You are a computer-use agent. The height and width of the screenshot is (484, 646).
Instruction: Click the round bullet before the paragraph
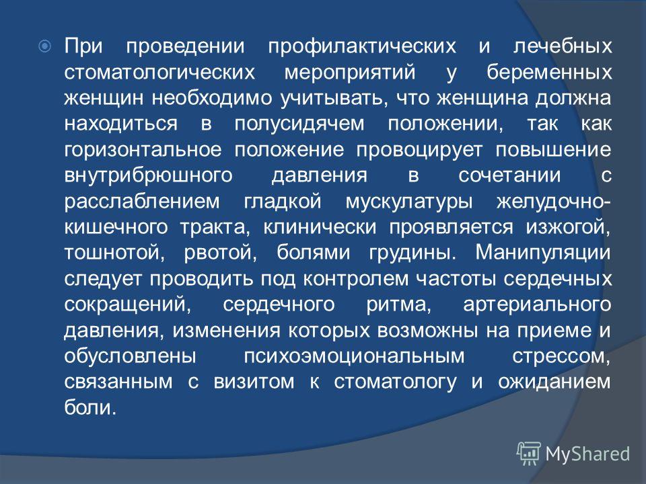tap(45, 46)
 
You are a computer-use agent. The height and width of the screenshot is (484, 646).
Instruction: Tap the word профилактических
tap(362, 47)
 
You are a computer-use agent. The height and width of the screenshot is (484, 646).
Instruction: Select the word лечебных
tap(563, 46)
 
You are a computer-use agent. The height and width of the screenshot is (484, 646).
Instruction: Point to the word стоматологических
tap(160, 73)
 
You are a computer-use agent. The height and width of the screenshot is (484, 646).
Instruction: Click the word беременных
tap(549, 72)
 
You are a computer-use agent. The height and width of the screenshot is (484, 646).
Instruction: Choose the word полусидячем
tap(299, 124)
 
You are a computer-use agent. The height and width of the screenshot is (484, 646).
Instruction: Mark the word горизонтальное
tap(143, 150)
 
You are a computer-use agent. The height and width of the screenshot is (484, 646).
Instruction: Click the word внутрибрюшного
tap(149, 175)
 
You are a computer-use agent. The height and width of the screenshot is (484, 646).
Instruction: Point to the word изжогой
tap(568, 228)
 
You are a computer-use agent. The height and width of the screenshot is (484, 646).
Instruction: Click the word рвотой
tap(221, 253)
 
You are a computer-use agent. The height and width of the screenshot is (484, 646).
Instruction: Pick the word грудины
tap(412, 253)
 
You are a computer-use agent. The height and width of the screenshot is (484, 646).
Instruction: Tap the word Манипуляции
tap(543, 253)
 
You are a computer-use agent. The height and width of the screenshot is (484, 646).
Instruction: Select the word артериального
tap(537, 305)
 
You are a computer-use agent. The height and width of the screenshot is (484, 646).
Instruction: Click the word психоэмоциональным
tap(355, 357)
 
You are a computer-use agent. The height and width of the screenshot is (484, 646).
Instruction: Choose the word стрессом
tap(561, 357)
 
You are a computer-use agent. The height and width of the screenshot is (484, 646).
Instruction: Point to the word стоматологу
tap(395, 382)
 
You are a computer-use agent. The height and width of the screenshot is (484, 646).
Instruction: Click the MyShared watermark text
tap(587, 454)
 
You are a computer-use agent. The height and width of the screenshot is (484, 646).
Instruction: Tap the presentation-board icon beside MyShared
tap(529, 453)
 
